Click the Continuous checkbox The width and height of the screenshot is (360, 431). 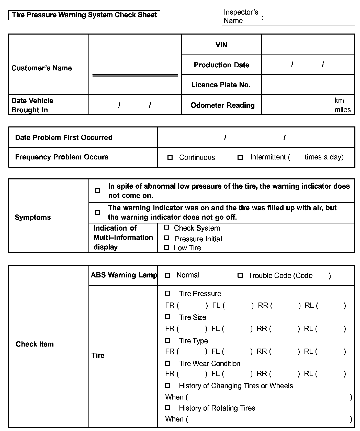170,158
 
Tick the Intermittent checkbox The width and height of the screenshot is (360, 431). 240,158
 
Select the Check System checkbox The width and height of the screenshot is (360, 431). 166,227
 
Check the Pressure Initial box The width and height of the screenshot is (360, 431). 166,238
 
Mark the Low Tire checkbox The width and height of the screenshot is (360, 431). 166,247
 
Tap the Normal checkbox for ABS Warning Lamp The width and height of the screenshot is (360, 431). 167,275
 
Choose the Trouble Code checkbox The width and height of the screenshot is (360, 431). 240,275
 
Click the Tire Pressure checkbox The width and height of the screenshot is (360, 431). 167,293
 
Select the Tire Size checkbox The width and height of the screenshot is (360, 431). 167,317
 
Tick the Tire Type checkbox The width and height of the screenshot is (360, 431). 167,340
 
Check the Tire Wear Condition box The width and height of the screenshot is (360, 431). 167,363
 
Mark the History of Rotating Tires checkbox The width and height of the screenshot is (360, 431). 167,408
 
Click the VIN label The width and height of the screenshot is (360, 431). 221,45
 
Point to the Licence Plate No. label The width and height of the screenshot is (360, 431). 221,85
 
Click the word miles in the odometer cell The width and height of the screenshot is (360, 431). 342,110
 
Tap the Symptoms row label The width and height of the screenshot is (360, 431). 33,217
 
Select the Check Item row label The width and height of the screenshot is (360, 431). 35,344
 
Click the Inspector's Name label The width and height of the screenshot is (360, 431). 241,16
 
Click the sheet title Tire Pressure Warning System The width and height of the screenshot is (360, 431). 84,15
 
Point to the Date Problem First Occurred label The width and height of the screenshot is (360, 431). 64,137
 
